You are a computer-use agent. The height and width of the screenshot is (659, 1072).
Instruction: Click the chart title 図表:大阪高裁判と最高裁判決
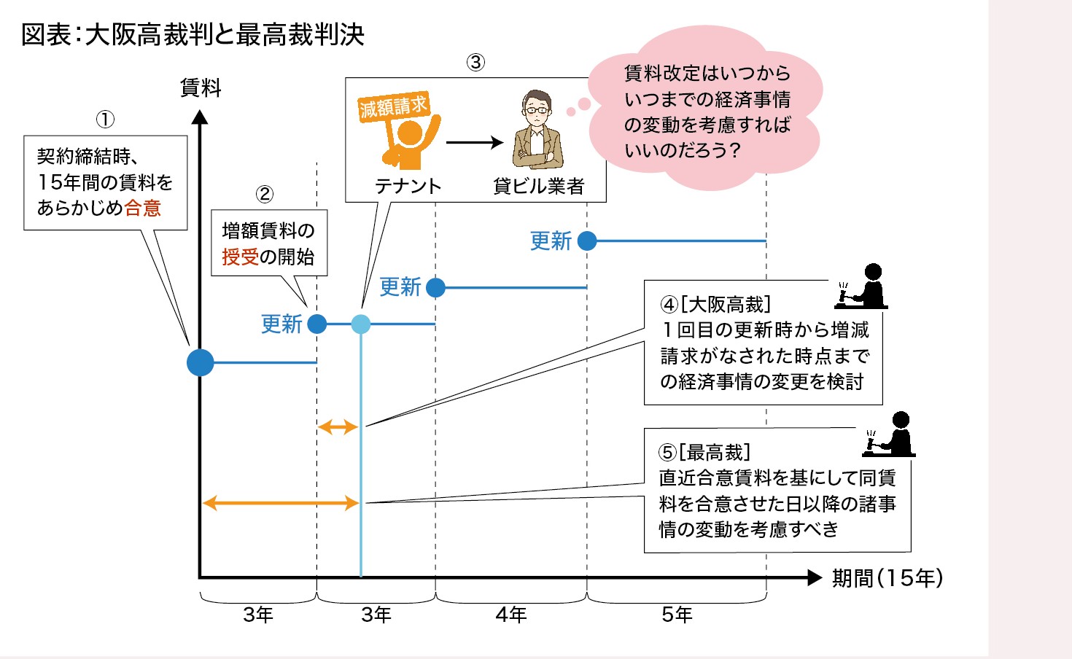pos(193,34)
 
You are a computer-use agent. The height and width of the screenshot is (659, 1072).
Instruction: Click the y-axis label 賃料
pos(201,88)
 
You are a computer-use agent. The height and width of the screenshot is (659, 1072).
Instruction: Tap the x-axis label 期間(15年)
pos(887,578)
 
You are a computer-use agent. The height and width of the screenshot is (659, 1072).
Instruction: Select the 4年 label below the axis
pos(510,615)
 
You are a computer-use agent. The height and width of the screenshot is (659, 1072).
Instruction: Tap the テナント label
pos(408,186)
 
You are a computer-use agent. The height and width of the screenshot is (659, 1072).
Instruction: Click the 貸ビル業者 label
pos(538,186)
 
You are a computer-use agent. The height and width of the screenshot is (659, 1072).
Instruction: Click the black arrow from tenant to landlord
pos(474,142)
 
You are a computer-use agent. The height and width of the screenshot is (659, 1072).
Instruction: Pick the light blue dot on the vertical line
pos(361,324)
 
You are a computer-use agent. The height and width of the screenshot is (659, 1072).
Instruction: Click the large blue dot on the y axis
pos(201,362)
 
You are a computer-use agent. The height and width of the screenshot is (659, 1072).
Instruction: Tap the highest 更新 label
pos(551,241)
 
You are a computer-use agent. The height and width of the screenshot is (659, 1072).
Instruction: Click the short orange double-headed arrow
pos(338,426)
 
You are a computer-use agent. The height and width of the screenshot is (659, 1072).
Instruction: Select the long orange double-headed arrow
pos(280,503)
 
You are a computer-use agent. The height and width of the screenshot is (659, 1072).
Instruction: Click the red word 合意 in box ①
pos(142,208)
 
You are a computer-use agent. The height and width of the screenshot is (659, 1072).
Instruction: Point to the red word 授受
pos(240,257)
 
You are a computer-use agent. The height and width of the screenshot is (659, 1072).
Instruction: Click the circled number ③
pos(475,63)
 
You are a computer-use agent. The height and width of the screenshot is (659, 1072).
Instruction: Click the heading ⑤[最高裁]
pos(704,452)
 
